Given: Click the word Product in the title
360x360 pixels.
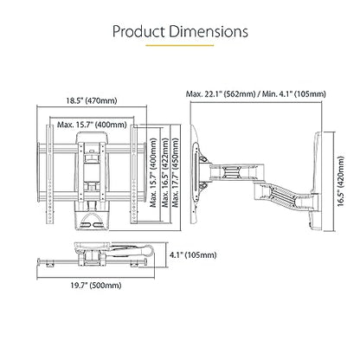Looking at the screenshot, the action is pyautogui.click(x=138, y=31).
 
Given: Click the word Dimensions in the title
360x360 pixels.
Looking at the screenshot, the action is pyautogui.click(x=209, y=31).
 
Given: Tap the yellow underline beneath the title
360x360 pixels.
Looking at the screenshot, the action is pyautogui.click(x=179, y=45).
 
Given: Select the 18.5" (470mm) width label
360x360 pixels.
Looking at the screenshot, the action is pyautogui.click(x=92, y=100).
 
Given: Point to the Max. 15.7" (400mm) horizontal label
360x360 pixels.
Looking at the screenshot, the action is pyautogui.click(x=92, y=125).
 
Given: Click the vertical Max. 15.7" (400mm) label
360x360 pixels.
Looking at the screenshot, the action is pyautogui.click(x=153, y=172).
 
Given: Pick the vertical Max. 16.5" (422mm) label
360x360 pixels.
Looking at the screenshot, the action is pyautogui.click(x=165, y=172).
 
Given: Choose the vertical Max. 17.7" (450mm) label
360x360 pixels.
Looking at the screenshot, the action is pyautogui.click(x=176, y=172).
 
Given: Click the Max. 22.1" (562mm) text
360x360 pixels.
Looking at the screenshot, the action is pyautogui.click(x=221, y=93).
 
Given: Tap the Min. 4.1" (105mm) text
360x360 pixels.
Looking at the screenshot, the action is pyautogui.click(x=294, y=93).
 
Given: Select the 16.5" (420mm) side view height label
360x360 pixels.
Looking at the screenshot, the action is pyautogui.click(x=341, y=181).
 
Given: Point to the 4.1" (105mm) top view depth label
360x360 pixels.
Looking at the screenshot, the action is pyautogui.click(x=193, y=254).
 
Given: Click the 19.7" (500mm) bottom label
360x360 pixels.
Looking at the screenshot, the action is pyautogui.click(x=96, y=286).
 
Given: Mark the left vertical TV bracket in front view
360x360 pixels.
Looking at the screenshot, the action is pyautogui.click(x=49, y=174).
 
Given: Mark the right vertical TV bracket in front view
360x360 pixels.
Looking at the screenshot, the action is pyautogui.click(x=133, y=174).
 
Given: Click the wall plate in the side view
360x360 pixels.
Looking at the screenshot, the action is pyautogui.click(x=317, y=181).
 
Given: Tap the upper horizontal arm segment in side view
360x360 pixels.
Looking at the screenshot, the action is pyautogui.click(x=236, y=172).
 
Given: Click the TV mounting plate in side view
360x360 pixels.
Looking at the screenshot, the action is pyautogui.click(x=195, y=174).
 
